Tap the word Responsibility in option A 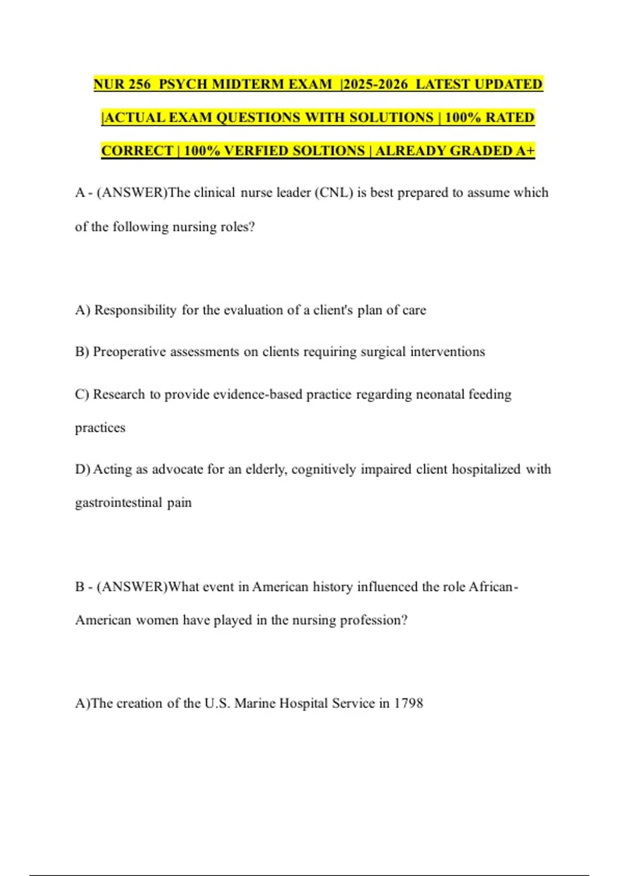[135, 310]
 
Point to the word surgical [383, 352]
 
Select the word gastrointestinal [119, 502]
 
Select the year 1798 [409, 703]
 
